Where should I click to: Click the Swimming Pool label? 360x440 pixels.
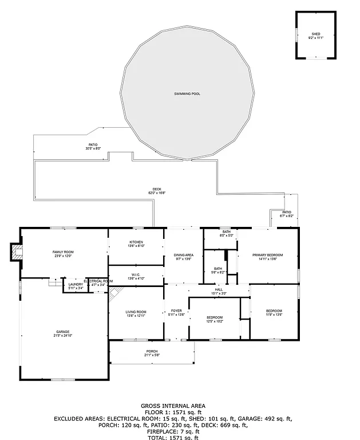[x=188, y=93]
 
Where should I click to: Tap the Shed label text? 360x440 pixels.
[x=316, y=34]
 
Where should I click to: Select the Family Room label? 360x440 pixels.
[x=63, y=252]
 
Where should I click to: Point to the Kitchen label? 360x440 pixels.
[x=136, y=242]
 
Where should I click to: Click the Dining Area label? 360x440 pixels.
[x=184, y=255]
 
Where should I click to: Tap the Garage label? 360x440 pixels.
[x=62, y=332]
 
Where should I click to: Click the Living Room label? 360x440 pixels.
[x=136, y=312]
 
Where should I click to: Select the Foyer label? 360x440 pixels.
[x=176, y=311]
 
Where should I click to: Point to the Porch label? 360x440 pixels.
[x=152, y=351]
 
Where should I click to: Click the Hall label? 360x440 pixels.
[x=219, y=290]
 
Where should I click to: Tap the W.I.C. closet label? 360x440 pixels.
[x=136, y=274]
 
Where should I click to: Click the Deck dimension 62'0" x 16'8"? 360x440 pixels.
[x=157, y=193]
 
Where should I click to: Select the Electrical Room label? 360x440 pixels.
[x=98, y=281]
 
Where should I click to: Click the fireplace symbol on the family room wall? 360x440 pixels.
[x=15, y=253]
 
